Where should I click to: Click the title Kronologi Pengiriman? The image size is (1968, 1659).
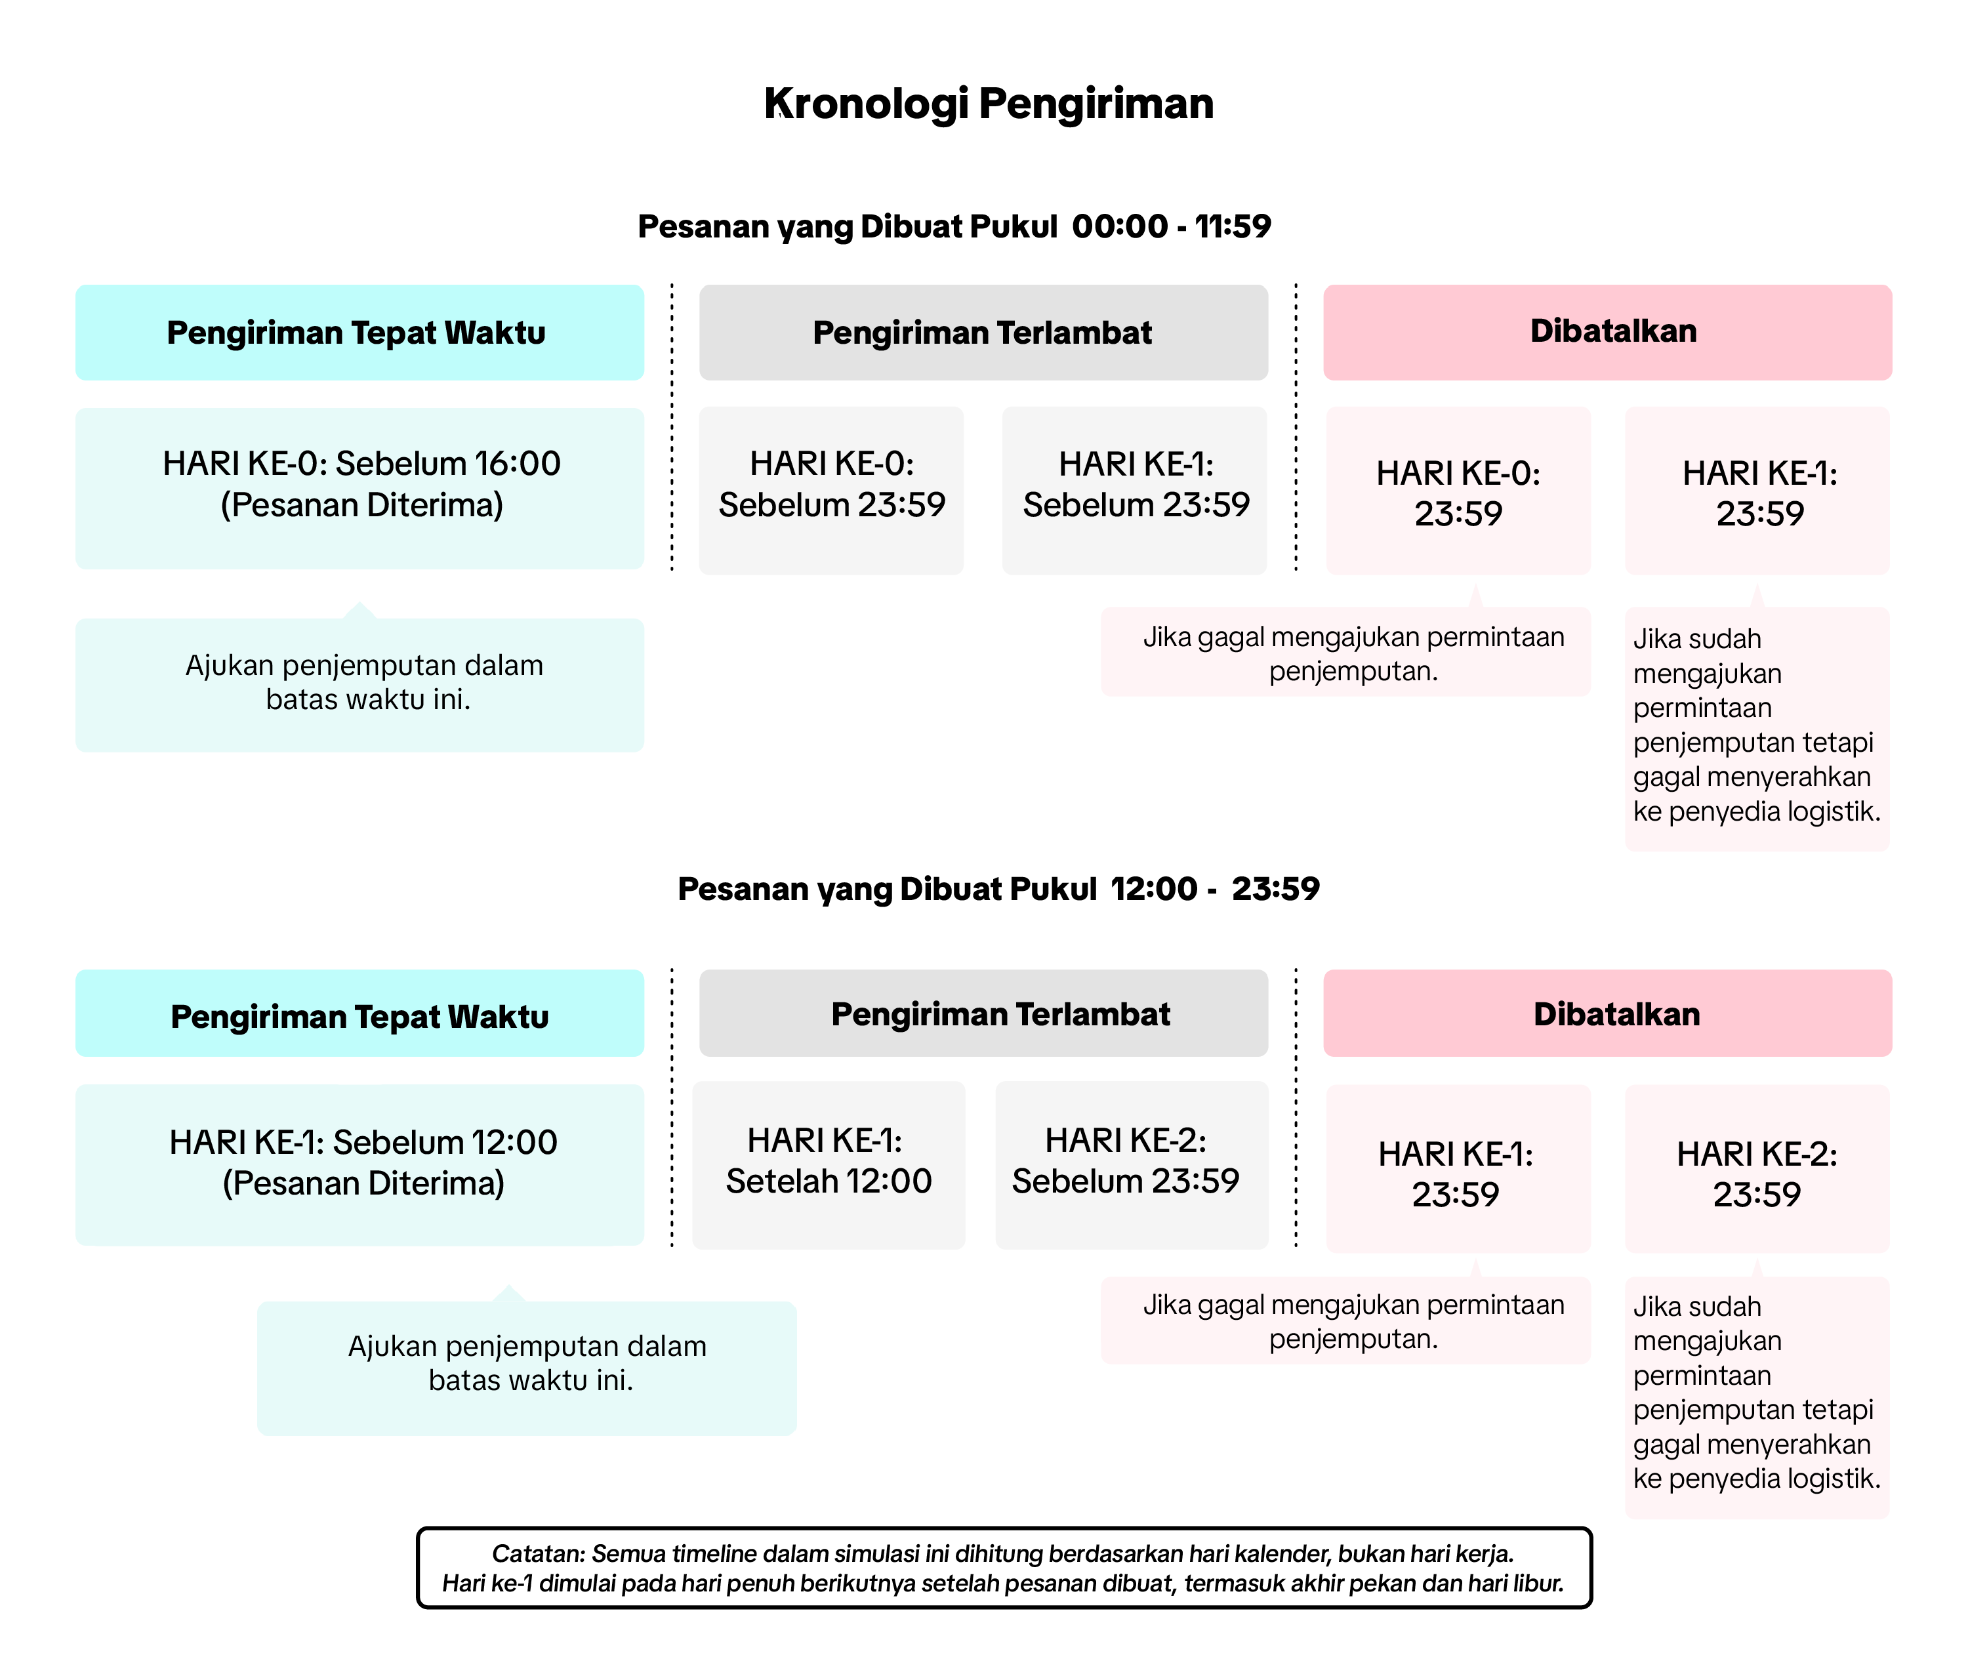coord(987,104)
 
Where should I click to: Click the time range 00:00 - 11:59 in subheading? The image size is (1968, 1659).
coord(1171,227)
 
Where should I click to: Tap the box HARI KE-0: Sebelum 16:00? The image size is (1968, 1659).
coord(360,487)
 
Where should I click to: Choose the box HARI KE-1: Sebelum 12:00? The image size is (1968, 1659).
coord(360,1164)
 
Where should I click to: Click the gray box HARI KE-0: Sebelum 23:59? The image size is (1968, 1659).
coord(831,489)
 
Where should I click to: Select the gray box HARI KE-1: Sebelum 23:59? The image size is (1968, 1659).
coord(1135,489)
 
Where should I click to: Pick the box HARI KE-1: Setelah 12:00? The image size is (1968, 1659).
coord(829,1164)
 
